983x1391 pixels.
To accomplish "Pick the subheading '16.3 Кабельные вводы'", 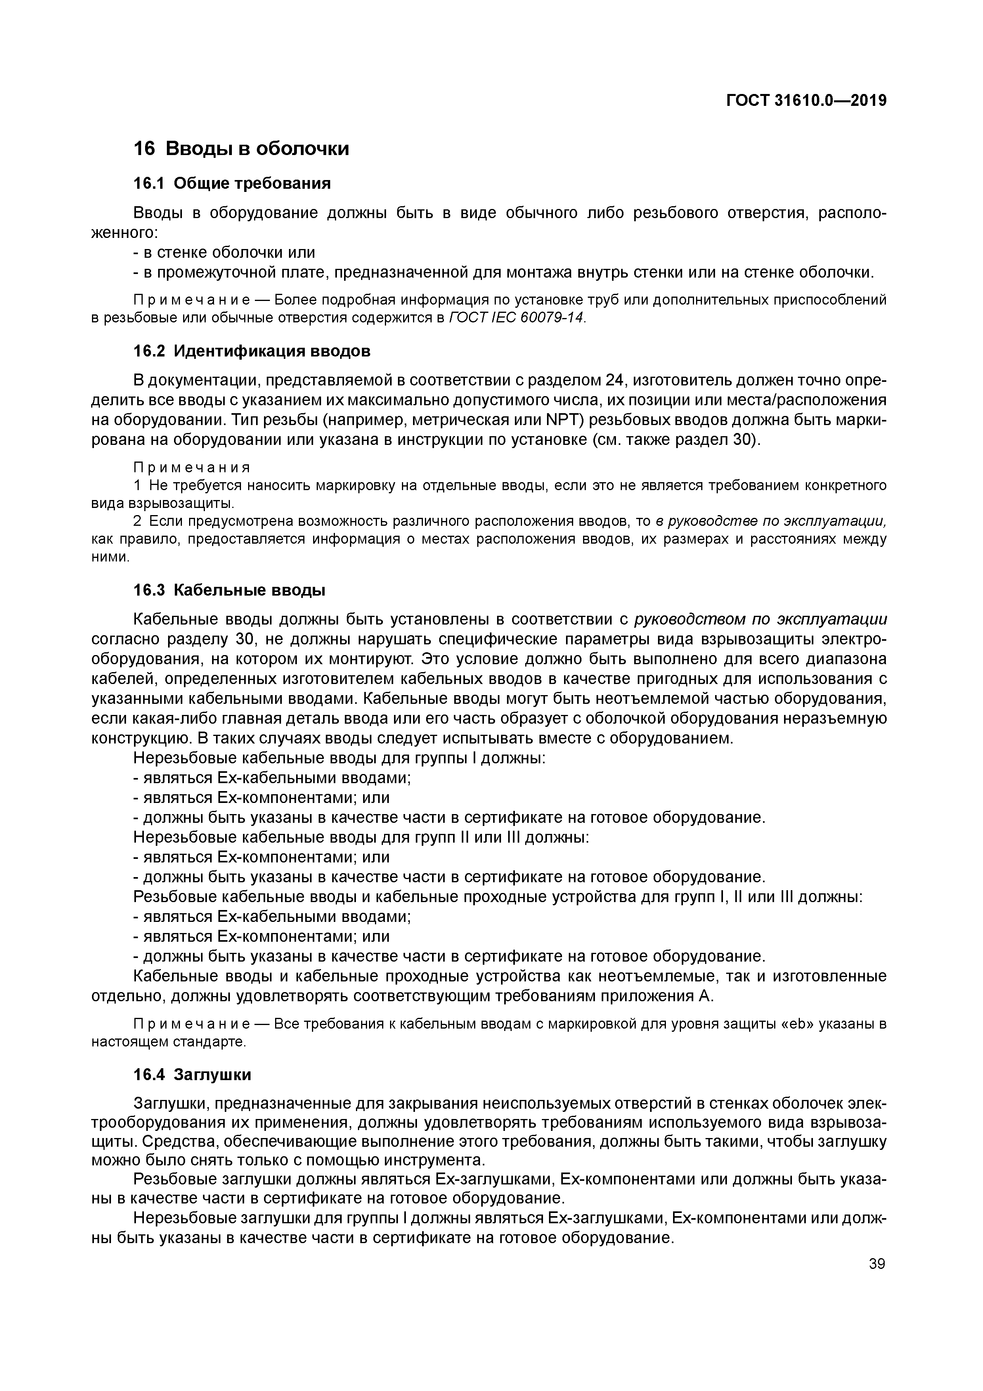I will tap(229, 590).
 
